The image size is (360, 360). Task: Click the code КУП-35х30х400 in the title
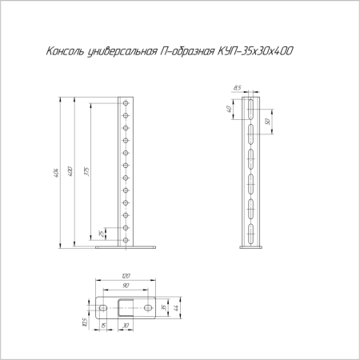(255, 51)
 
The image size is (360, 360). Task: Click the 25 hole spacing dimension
(100, 234)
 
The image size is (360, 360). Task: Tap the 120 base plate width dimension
(125, 276)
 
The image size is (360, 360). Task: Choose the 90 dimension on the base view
(125, 286)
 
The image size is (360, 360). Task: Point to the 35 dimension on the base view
(163, 307)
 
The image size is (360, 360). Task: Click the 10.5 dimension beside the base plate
(86, 322)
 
